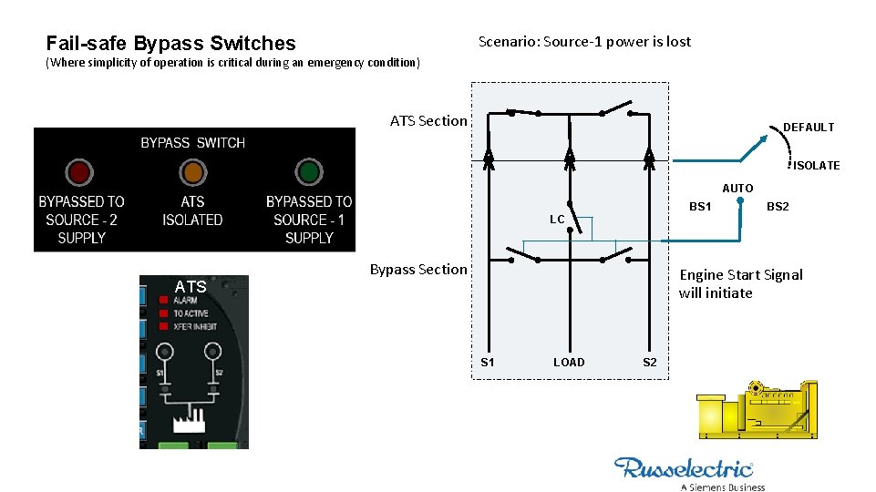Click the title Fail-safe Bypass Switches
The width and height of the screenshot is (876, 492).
(x=170, y=43)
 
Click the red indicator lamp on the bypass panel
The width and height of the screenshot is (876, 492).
(x=78, y=171)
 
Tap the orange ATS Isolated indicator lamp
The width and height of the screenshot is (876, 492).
(x=192, y=171)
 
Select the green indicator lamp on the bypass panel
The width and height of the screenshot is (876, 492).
(x=309, y=171)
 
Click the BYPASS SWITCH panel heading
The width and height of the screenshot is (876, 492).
(x=192, y=142)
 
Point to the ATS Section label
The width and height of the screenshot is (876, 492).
(x=428, y=120)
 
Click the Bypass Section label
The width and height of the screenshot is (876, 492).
(x=418, y=269)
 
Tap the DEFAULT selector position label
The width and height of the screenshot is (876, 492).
(x=809, y=128)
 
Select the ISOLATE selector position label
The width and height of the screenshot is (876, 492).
(x=816, y=165)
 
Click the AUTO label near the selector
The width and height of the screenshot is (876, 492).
(x=737, y=188)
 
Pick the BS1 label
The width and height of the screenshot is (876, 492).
(x=700, y=207)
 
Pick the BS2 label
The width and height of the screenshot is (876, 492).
(x=778, y=207)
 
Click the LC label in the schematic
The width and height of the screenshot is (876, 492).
(x=557, y=220)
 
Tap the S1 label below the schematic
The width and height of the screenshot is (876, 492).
(x=488, y=362)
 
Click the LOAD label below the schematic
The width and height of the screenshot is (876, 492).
(x=569, y=362)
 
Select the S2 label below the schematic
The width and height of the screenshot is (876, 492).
(x=650, y=362)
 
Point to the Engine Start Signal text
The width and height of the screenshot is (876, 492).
(x=740, y=283)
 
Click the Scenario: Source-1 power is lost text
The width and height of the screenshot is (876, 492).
(x=584, y=42)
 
